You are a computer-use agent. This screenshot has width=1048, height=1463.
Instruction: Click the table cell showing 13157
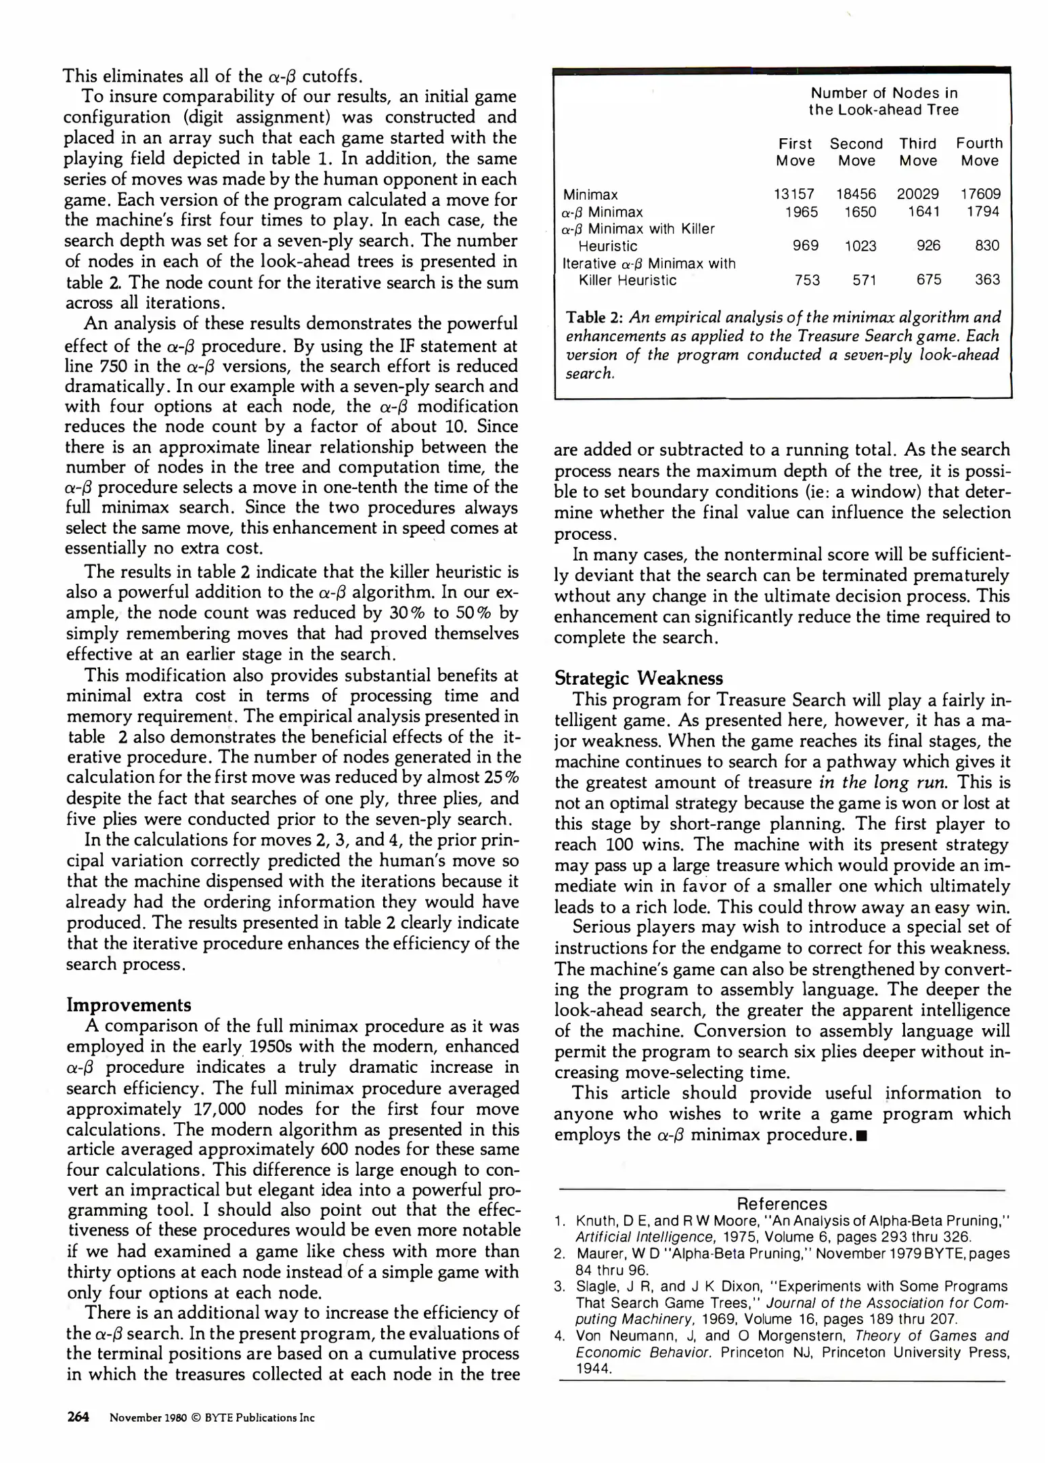click(794, 194)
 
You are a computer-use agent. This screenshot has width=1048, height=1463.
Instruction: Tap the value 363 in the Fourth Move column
click(987, 280)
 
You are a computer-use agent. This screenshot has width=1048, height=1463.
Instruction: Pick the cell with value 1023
click(860, 246)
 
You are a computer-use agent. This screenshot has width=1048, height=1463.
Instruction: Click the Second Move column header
click(856, 152)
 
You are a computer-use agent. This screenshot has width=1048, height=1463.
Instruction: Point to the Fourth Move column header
click(979, 152)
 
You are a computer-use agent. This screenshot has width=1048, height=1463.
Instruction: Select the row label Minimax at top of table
click(590, 194)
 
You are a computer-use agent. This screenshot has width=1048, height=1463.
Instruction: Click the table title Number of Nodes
click(883, 93)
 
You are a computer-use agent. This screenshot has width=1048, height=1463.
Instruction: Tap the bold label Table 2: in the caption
click(594, 318)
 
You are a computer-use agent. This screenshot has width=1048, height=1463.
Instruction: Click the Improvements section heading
click(129, 1004)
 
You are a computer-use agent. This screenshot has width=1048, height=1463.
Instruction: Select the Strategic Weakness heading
click(638, 678)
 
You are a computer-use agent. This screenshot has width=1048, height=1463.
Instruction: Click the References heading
click(781, 1204)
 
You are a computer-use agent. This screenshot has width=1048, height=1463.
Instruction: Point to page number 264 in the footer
click(79, 1417)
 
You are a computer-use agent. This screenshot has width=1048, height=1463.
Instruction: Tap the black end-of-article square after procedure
click(860, 1135)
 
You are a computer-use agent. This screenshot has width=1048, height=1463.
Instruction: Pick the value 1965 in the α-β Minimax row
click(801, 212)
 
